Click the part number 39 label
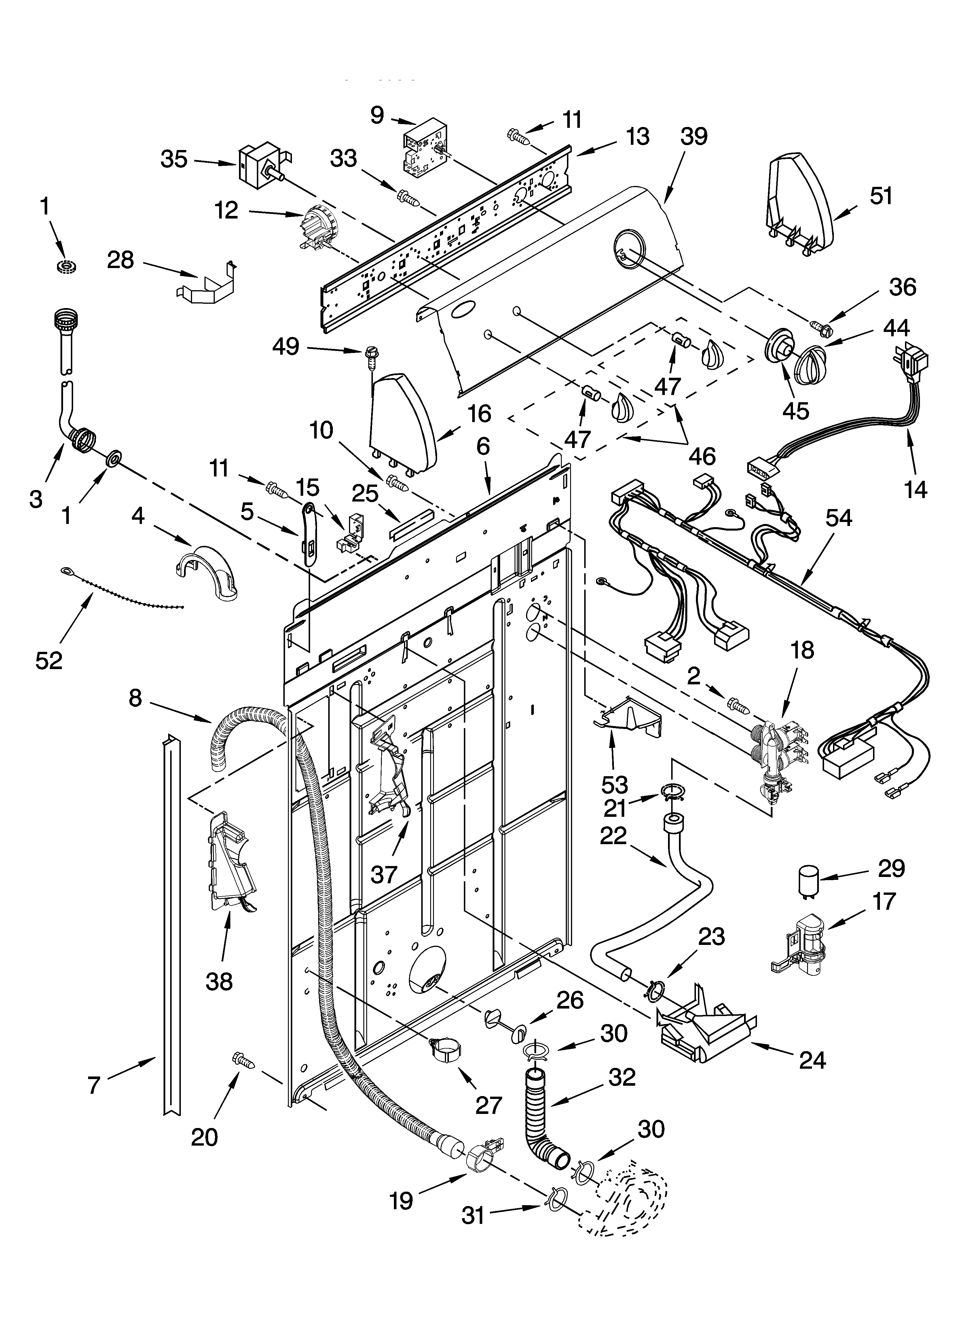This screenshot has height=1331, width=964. [x=694, y=137]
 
